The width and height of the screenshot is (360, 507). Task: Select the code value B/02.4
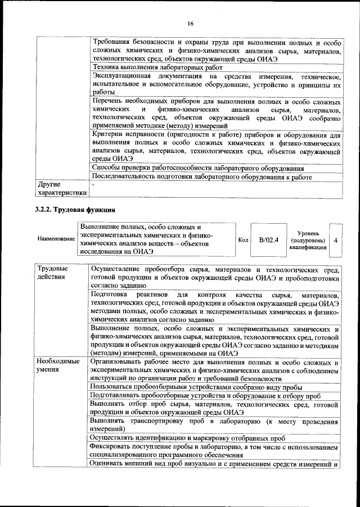pos(269,240)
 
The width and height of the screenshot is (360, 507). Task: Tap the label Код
pos(244,240)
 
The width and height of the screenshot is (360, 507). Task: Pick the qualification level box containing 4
pos(336,240)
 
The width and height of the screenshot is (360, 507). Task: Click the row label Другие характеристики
pos(61,189)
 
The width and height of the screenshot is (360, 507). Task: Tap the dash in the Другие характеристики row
pos(94,184)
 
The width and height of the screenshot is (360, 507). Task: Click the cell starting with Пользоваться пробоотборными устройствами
pos(196,387)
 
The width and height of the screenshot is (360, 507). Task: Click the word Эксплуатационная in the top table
pos(121,76)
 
